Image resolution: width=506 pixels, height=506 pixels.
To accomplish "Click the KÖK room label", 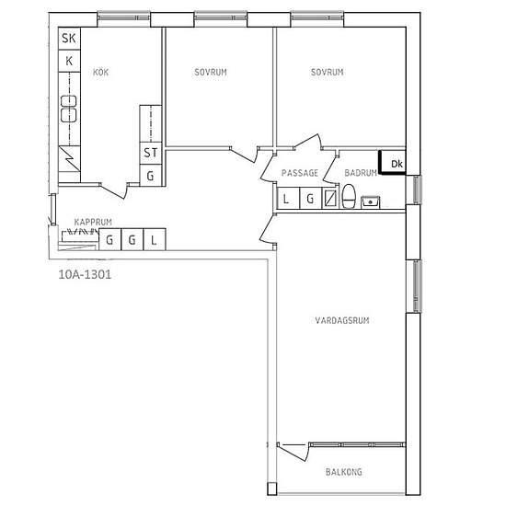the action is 100,72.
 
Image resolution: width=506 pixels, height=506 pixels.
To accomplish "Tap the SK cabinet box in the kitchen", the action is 69,39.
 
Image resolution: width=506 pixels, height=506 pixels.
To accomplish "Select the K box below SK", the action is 69,61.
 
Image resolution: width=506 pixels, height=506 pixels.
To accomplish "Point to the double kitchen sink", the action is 69,109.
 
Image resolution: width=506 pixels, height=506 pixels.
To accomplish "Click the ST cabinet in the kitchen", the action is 151,153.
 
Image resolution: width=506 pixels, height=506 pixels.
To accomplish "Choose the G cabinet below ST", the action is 151,175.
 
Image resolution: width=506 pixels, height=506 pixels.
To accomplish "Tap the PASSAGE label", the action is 300,173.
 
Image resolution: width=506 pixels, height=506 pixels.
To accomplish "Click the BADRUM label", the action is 361,173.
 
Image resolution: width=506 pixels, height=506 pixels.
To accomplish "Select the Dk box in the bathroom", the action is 393,162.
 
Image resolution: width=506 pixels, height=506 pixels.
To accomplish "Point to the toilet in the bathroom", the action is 349,196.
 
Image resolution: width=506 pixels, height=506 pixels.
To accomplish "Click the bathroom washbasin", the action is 371,202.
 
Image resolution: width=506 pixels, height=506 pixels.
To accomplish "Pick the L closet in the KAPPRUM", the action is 155,239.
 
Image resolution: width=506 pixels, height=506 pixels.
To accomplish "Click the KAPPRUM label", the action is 93,222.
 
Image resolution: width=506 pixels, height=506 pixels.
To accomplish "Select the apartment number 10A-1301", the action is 85,275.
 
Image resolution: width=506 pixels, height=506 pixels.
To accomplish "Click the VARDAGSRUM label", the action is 342,320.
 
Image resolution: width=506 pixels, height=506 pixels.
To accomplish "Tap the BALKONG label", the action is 344,472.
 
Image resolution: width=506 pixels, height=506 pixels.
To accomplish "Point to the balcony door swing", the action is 293,453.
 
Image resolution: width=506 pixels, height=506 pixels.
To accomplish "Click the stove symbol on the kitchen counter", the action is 69,159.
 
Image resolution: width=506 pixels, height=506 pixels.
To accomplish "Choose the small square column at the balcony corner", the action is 272,489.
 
